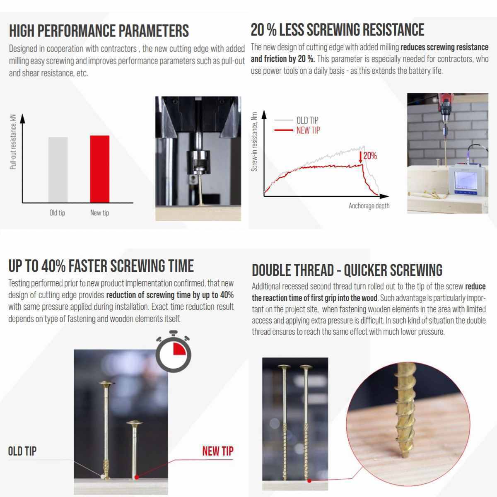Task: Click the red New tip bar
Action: tap(99, 169)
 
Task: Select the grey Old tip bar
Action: tap(58, 170)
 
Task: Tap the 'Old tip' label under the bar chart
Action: tap(57, 213)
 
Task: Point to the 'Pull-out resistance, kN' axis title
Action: tap(13, 142)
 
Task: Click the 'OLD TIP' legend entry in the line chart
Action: tap(307, 120)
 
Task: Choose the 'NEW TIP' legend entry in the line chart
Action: tap(308, 130)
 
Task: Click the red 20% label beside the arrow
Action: tap(370, 156)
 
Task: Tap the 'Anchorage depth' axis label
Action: tap(369, 206)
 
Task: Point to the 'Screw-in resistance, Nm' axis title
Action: tap(254, 142)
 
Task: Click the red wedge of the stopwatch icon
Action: tap(179, 350)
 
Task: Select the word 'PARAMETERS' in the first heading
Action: tap(154, 31)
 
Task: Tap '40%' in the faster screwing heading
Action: tap(53, 266)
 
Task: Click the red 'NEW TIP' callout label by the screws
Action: tap(218, 451)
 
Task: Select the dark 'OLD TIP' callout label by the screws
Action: tap(22, 451)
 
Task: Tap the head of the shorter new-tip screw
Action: tap(134, 423)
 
